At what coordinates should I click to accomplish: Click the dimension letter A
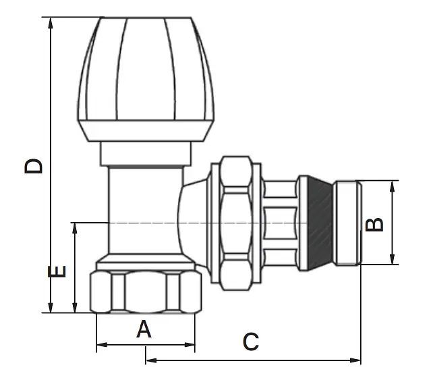144,329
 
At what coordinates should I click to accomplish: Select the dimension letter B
374,225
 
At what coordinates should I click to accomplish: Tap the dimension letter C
251,342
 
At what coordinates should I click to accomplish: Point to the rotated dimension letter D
33,166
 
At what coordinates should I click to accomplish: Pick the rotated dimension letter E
57,271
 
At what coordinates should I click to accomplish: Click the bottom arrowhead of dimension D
51,307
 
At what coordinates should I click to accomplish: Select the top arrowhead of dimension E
74,228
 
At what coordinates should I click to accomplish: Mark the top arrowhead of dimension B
393,186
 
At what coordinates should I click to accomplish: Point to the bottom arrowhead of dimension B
393,259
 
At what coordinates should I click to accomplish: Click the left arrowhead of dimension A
102,345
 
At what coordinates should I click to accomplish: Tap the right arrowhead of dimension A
190,345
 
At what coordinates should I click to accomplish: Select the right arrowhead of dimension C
355,360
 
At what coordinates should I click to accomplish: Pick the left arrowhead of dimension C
151,360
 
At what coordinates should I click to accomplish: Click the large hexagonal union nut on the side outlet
236,223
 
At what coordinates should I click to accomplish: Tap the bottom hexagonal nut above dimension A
146,292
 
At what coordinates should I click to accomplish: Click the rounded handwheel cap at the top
146,80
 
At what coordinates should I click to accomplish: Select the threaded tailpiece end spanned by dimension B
347,223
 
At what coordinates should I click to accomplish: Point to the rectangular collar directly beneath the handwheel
146,153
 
